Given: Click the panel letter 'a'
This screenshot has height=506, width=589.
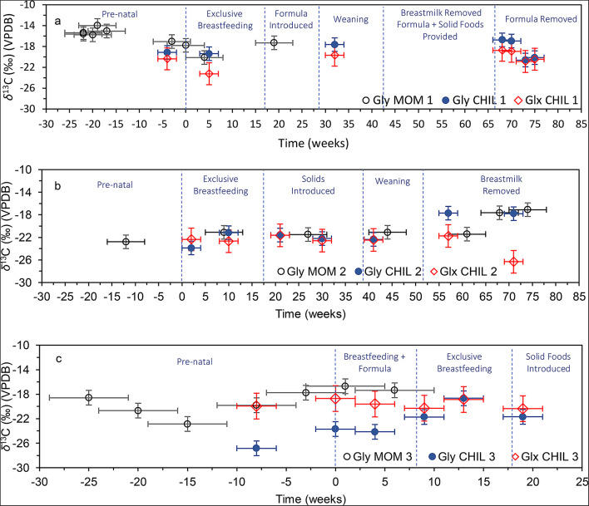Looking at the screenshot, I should coord(57,20).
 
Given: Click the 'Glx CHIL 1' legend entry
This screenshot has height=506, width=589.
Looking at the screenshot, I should coord(546,99).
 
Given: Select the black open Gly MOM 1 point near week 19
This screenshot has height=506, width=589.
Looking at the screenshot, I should coord(274,42).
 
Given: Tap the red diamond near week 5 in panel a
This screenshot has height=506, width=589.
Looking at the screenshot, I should coord(209,74).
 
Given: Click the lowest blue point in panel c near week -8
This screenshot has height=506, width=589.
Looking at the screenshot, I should coord(256,448).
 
